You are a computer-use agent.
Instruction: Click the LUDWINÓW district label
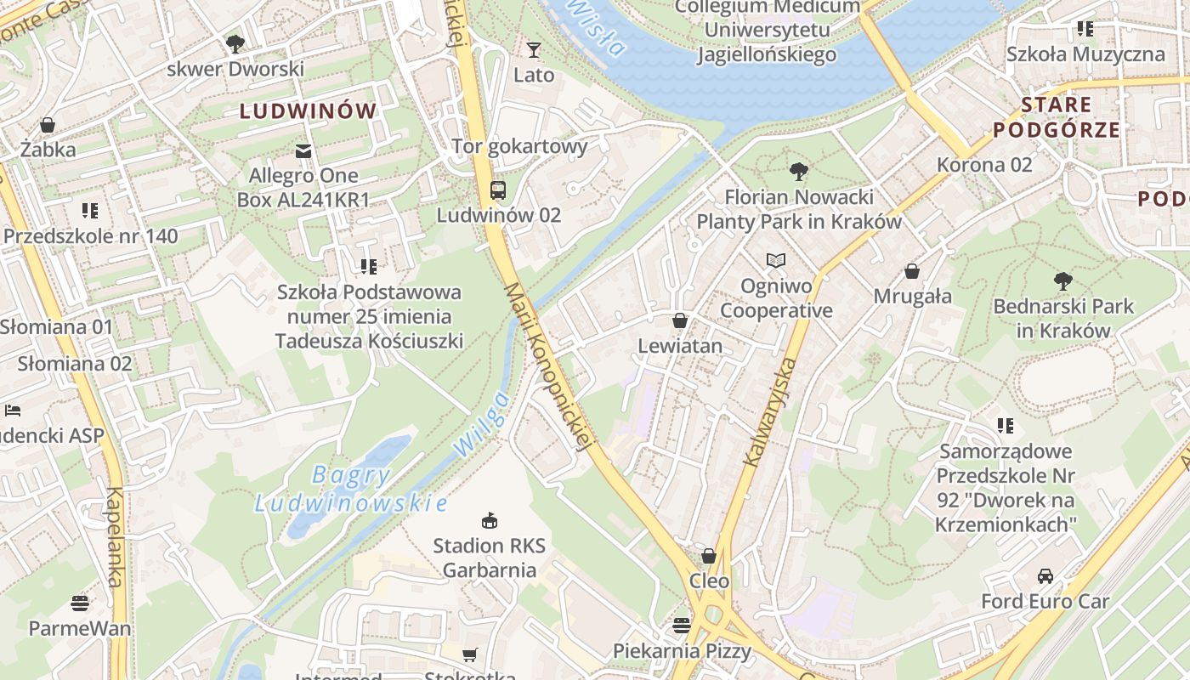(308, 110)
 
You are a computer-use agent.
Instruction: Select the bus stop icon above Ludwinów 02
(498, 190)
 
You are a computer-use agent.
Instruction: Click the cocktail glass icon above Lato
(533, 50)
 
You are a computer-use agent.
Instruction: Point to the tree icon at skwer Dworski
(235, 43)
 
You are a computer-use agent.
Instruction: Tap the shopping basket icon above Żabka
(48, 125)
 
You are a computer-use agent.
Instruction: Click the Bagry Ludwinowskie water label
(351, 489)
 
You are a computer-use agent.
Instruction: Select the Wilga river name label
(481, 424)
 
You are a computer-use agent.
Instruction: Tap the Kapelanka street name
(116, 536)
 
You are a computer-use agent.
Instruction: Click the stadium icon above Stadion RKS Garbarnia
(489, 520)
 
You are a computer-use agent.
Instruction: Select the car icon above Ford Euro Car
(1045, 575)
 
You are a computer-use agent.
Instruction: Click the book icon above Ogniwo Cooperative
(775, 260)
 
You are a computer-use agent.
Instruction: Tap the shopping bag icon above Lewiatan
(679, 320)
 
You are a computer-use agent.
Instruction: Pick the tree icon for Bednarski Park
(1062, 280)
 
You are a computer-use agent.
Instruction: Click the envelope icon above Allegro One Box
(303, 151)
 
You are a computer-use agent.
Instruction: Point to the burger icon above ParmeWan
(80, 603)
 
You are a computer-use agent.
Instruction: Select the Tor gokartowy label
(519, 146)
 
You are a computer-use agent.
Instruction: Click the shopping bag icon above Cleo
(708, 556)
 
